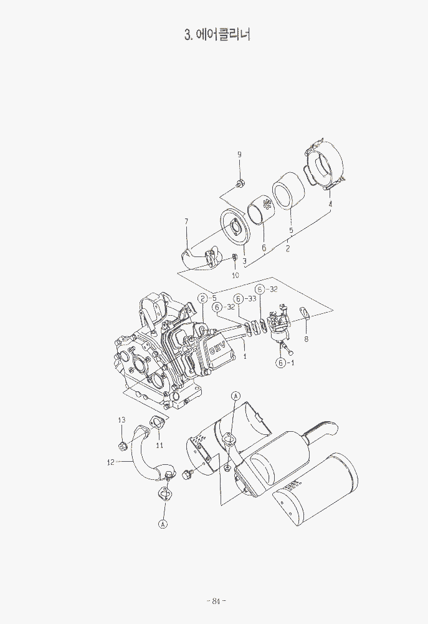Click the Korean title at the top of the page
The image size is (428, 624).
tap(217, 34)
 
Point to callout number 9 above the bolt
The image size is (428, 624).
tap(239, 155)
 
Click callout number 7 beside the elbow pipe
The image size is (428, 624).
tap(186, 222)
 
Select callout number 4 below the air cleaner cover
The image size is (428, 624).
tap(330, 203)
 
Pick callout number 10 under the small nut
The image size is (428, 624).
tap(235, 275)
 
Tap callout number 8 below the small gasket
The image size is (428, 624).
tap(306, 339)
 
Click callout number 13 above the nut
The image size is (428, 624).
tap(121, 420)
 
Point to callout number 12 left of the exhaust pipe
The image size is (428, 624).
tap(110, 462)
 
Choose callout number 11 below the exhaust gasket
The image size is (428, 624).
tap(159, 446)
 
